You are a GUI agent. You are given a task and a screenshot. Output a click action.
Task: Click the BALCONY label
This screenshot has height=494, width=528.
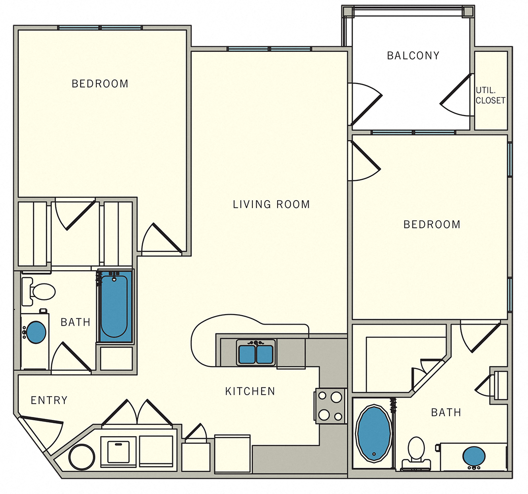click(413, 55)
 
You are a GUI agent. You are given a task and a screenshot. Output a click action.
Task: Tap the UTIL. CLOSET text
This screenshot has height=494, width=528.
click(490, 95)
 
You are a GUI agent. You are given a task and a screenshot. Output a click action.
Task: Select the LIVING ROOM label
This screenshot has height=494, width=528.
click(271, 204)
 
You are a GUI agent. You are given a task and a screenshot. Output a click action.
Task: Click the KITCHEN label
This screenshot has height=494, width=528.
click(250, 391)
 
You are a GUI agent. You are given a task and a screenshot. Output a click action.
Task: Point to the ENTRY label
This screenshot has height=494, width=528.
click(49, 400)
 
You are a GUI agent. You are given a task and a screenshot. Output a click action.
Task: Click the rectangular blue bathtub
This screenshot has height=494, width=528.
click(115, 306)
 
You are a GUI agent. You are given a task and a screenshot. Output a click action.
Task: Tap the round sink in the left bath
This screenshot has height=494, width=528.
click(36, 332)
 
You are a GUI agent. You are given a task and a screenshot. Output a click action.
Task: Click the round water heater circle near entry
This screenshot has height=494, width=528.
click(81, 457)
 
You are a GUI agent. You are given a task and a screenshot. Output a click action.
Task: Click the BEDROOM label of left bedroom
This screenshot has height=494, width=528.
click(100, 84)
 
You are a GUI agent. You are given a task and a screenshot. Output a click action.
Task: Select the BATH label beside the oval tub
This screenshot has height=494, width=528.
click(446, 412)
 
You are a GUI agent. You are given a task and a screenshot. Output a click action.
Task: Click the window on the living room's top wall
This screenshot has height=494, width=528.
click(270, 49)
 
